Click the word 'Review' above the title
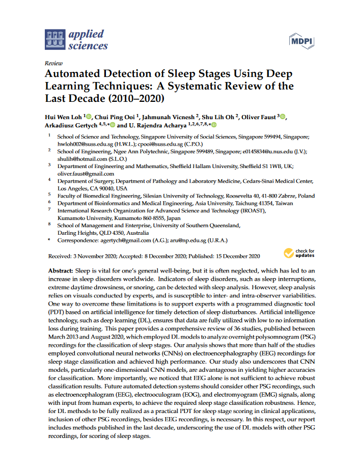coord(54,63)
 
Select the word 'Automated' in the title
coord(75,74)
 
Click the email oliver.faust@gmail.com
coord(86,173)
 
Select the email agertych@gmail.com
coord(123,240)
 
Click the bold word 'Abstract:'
coord(60,270)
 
